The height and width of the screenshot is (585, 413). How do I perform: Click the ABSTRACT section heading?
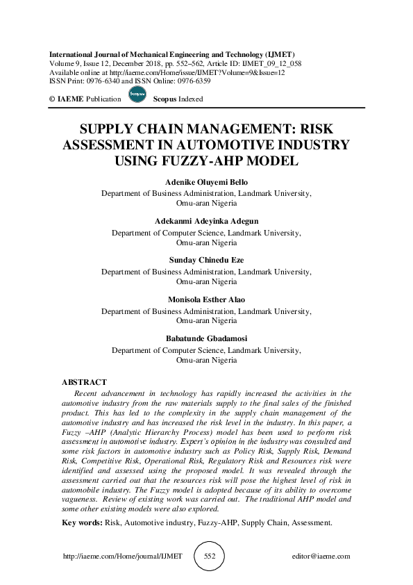(84, 383)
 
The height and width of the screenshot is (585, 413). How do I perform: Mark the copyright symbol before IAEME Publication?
(51, 99)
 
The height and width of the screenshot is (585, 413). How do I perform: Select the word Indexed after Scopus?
(189, 99)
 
